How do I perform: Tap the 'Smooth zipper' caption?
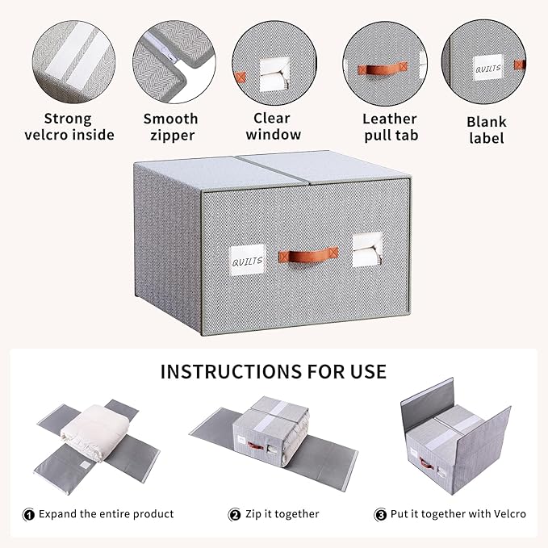click(x=170, y=127)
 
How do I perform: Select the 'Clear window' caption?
click(x=272, y=127)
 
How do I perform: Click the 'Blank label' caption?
click(x=487, y=129)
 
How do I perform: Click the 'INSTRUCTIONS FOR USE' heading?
click(x=273, y=372)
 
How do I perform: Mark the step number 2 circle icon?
click(x=235, y=514)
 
